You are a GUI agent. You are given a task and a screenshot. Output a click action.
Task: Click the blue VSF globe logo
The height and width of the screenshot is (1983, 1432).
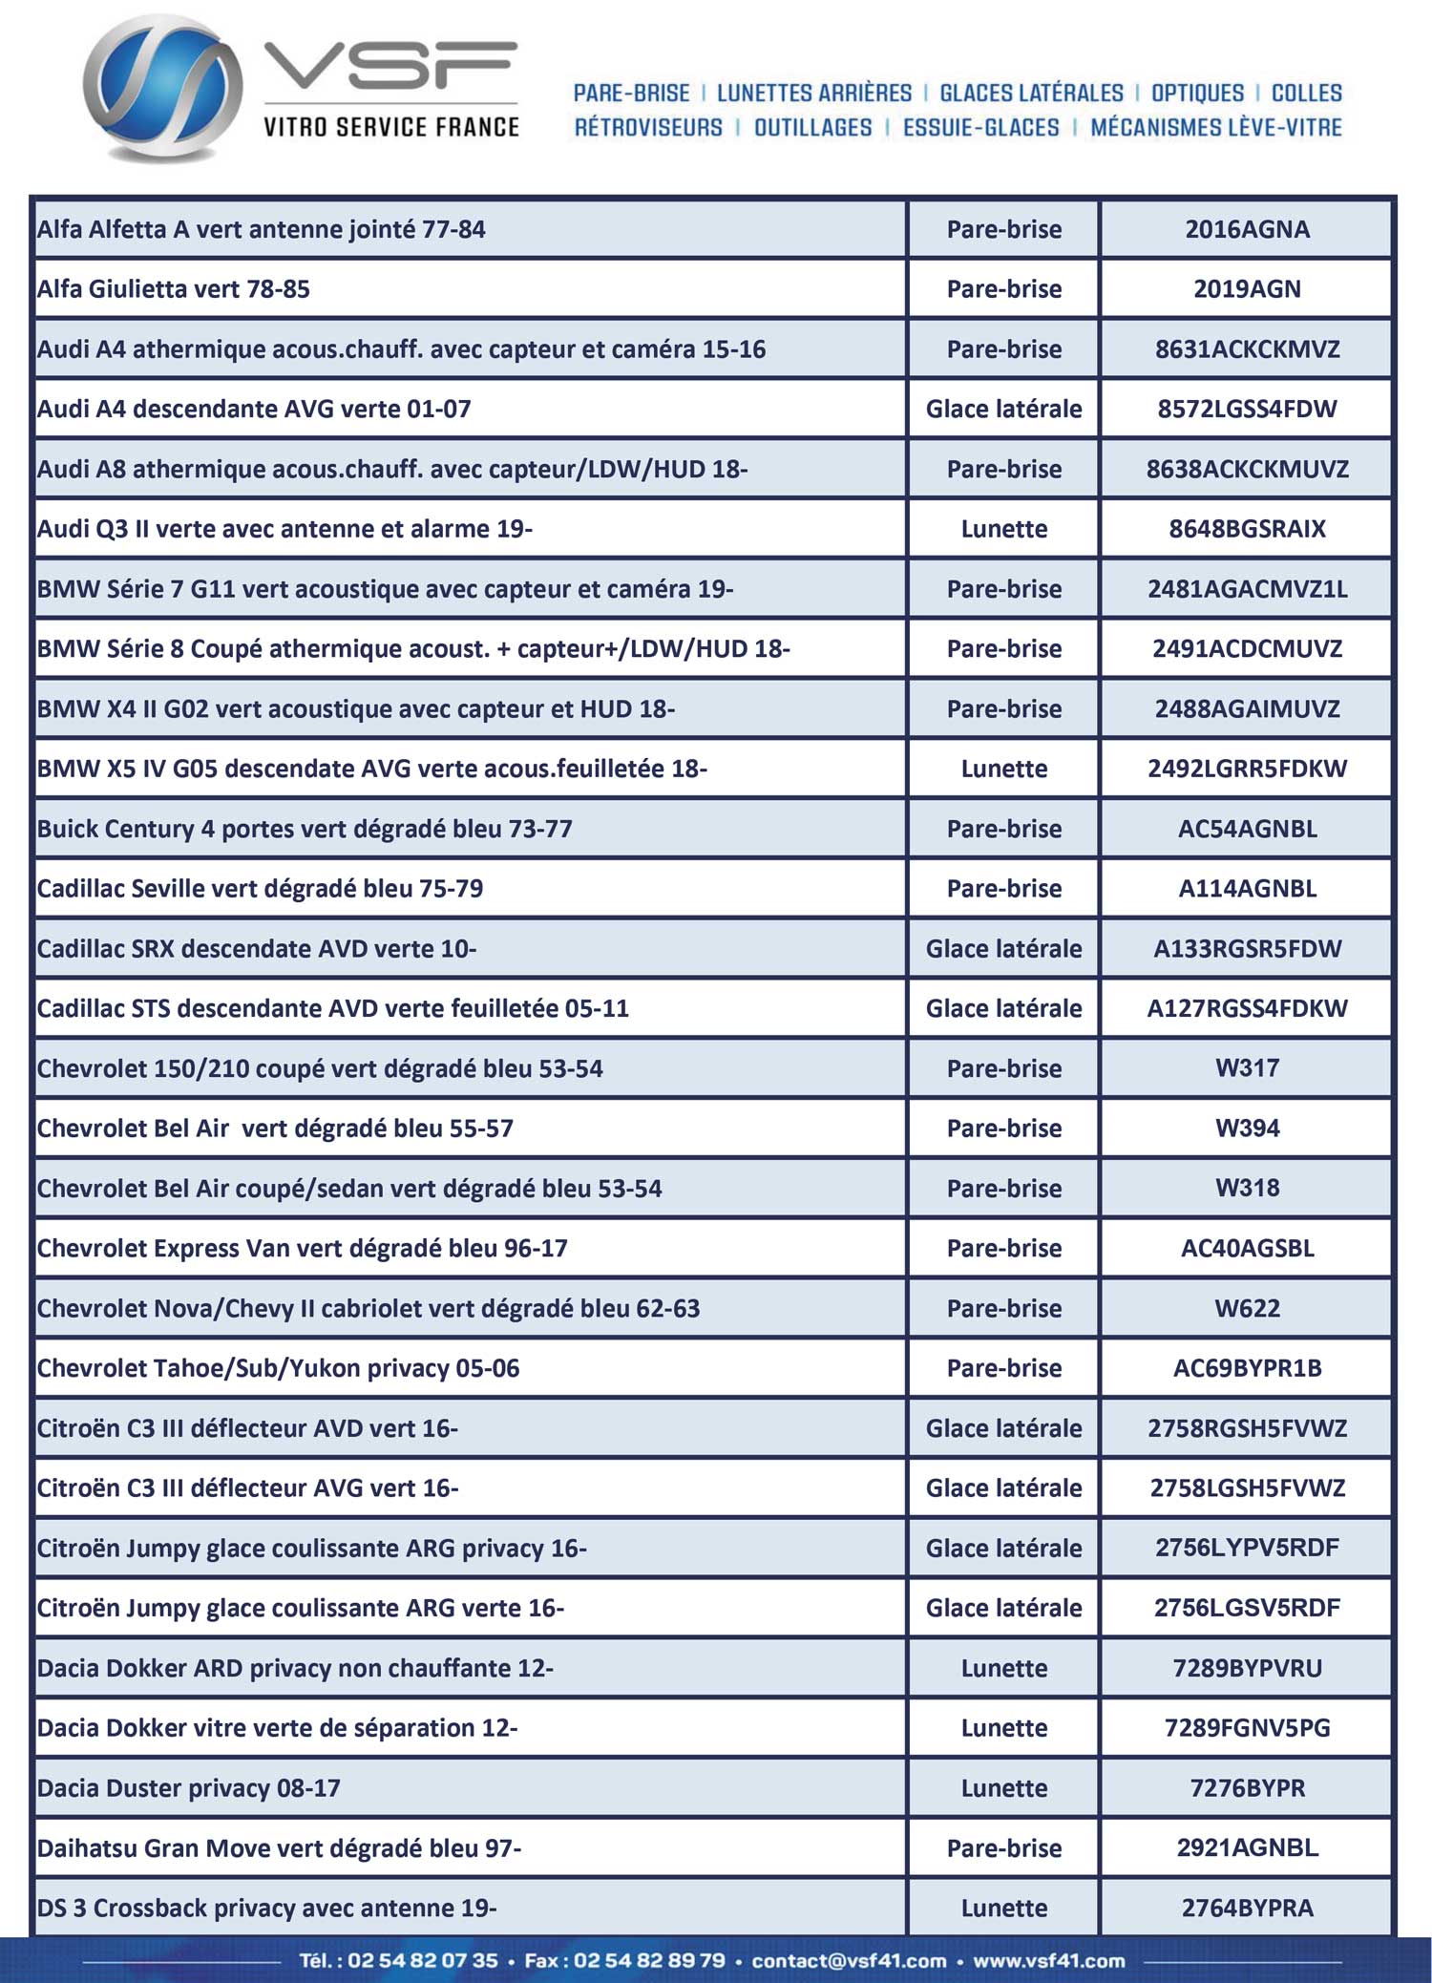tap(162, 88)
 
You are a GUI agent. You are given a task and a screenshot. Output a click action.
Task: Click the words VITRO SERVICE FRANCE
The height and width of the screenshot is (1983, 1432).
tap(391, 127)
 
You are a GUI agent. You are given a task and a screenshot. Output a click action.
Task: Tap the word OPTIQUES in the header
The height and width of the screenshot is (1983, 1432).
tap(1197, 93)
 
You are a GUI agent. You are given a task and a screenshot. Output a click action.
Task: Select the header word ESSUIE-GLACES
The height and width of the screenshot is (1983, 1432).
tap(980, 128)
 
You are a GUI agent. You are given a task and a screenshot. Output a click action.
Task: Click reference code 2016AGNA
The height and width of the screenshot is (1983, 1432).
tap(1247, 229)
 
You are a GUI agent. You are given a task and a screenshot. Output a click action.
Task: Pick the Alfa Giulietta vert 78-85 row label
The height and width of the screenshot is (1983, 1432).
tap(174, 289)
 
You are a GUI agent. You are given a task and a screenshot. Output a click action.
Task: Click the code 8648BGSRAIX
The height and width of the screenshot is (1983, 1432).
tap(1247, 529)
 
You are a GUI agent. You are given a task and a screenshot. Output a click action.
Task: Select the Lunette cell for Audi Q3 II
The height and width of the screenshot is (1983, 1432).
tap(1003, 529)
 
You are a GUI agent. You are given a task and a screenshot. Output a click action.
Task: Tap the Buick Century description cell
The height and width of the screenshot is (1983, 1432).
tap(305, 829)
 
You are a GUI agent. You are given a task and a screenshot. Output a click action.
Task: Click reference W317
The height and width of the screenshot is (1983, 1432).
tap(1247, 1068)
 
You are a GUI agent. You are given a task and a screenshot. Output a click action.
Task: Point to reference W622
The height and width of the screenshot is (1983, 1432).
tap(1247, 1308)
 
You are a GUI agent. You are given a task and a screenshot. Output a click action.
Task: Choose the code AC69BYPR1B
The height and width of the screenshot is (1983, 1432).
tap(1247, 1368)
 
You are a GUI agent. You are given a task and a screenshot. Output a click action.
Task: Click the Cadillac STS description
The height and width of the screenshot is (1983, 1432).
tap(332, 1008)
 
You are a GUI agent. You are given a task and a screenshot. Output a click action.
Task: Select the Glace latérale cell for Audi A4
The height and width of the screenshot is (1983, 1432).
tap(1003, 409)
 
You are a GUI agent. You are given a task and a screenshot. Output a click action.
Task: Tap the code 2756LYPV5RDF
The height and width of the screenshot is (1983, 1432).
tap(1247, 1548)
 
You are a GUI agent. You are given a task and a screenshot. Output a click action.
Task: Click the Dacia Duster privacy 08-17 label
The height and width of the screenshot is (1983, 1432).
tap(189, 1787)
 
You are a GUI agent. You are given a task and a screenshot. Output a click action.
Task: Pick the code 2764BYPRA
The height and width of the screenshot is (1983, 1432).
tap(1247, 1908)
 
